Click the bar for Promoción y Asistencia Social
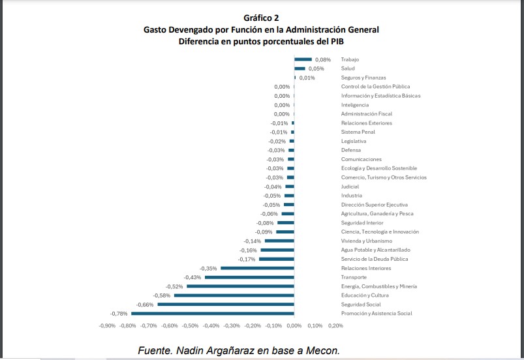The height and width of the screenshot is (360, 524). tap(213, 314)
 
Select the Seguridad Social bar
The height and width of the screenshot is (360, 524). tap(226, 305)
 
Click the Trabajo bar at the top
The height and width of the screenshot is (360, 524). tap(303, 59)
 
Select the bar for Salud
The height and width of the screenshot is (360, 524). tap(300, 68)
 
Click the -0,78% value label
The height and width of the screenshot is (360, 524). tap(119, 314)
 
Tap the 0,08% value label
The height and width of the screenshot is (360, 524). tap(323, 59)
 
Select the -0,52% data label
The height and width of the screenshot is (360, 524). tap(174, 286)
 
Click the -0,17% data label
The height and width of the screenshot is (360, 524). tap(247, 259)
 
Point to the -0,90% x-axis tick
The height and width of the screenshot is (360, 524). tap(107, 325)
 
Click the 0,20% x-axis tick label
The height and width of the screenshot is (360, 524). tap(335, 325)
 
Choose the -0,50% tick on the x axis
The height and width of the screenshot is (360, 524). tap(190, 325)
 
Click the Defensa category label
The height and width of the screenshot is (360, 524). tap(352, 150)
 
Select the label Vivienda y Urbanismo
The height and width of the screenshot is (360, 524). tap(367, 241)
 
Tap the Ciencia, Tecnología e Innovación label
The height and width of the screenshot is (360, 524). tap(380, 232)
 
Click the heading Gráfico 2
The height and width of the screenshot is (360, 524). tap(261, 18)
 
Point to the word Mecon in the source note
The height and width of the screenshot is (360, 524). tap(322, 350)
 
